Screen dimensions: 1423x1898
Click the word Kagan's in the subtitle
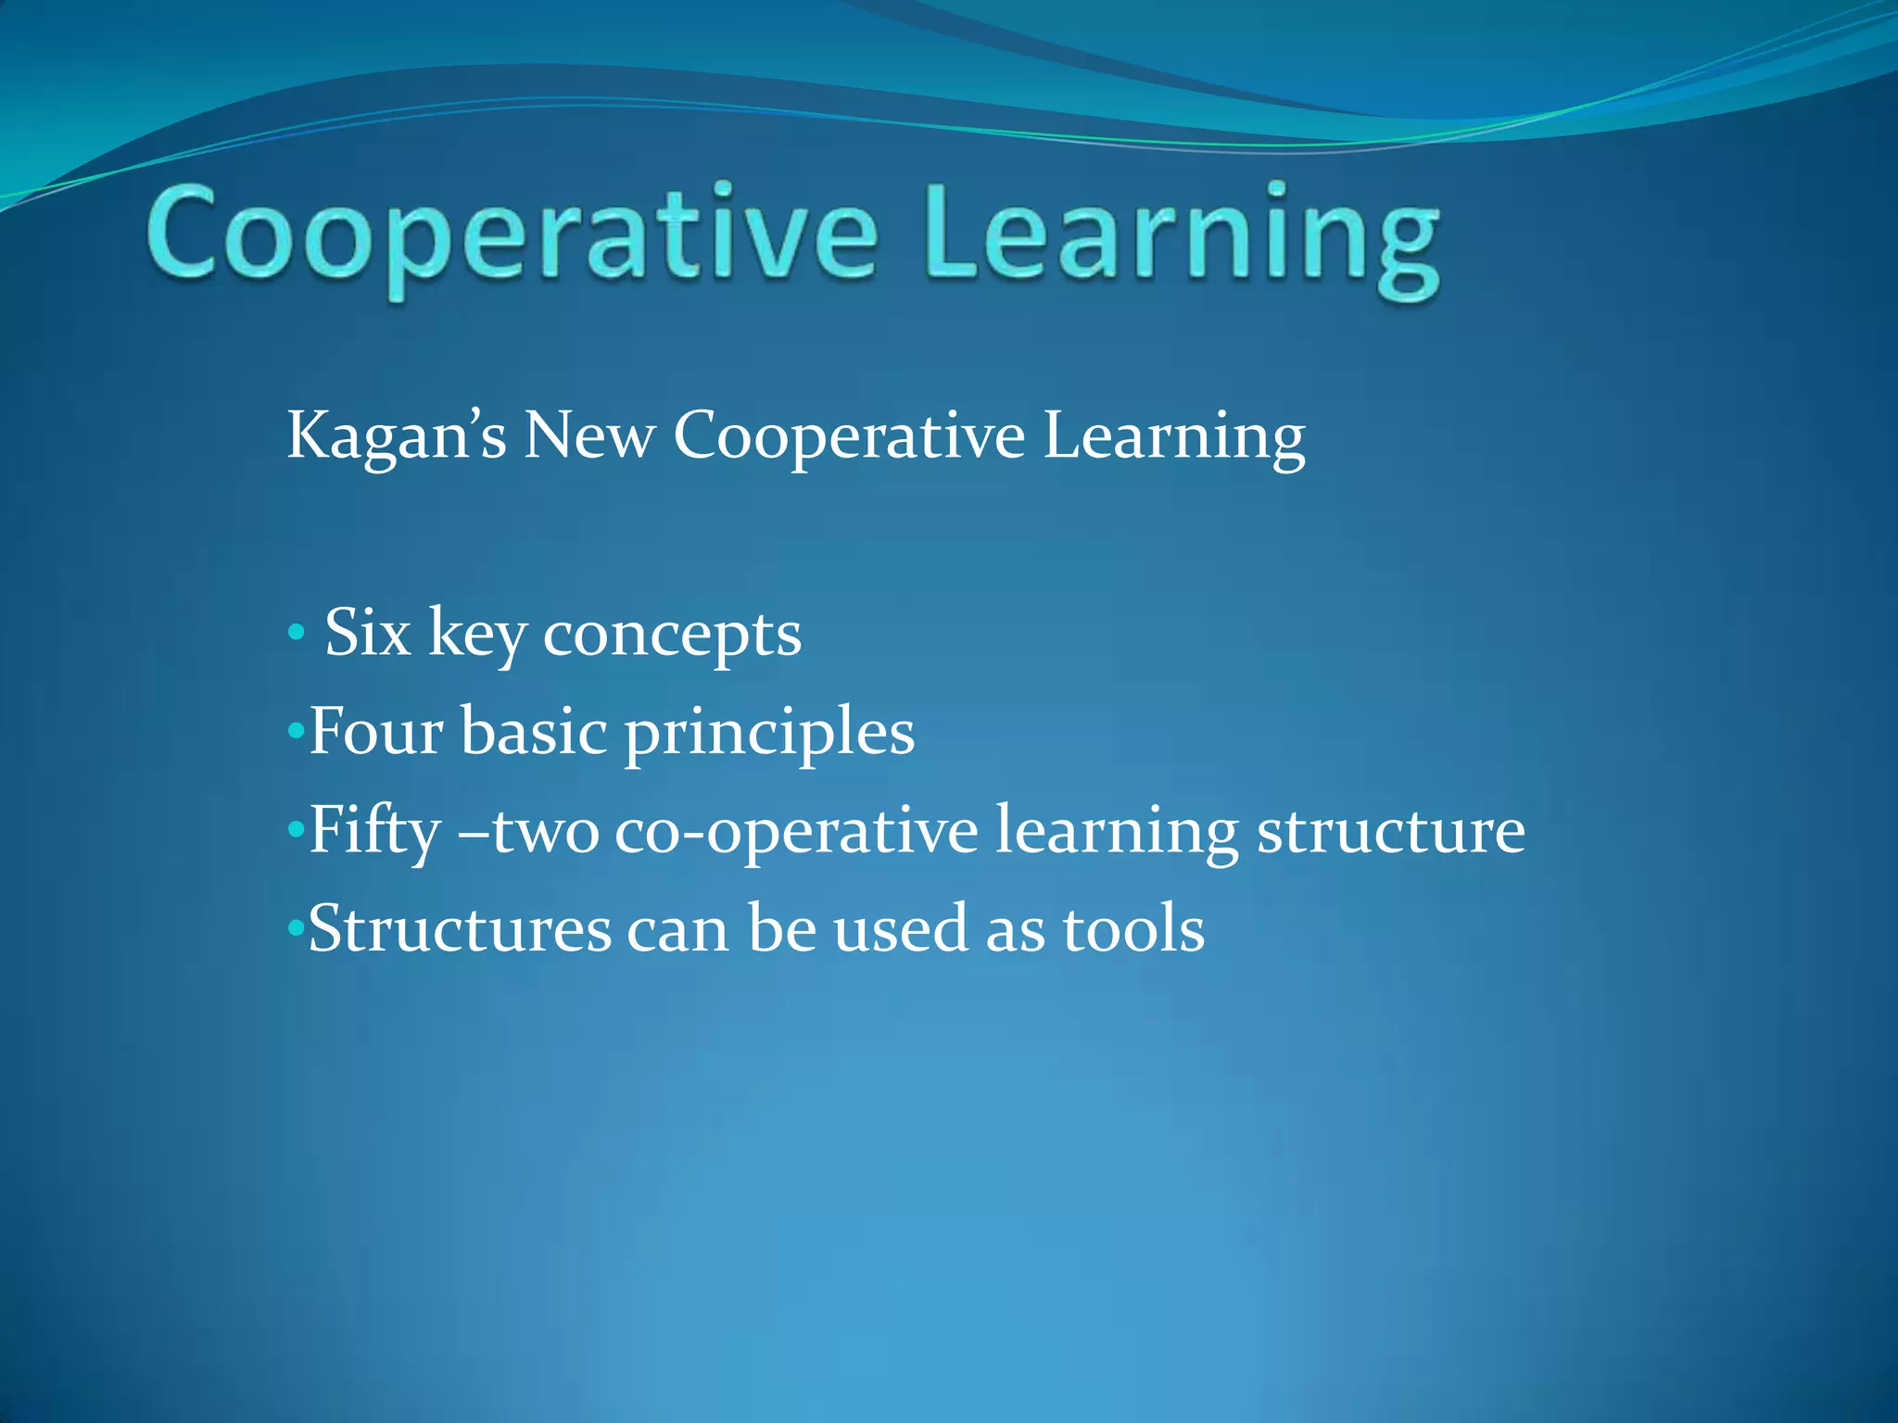click(x=397, y=435)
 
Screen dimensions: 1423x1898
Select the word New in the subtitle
click(x=589, y=435)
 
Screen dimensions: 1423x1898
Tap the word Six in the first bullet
click(x=367, y=634)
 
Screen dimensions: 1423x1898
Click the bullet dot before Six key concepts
click(x=296, y=634)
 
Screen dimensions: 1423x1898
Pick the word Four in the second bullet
click(x=375, y=732)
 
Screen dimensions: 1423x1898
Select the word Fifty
click(x=374, y=832)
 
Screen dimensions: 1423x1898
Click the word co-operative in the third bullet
click(x=796, y=832)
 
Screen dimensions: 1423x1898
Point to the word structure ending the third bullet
click(x=1390, y=832)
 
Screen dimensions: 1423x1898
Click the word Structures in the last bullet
click(x=460, y=929)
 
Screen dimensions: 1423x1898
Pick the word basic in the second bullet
click(x=534, y=732)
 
